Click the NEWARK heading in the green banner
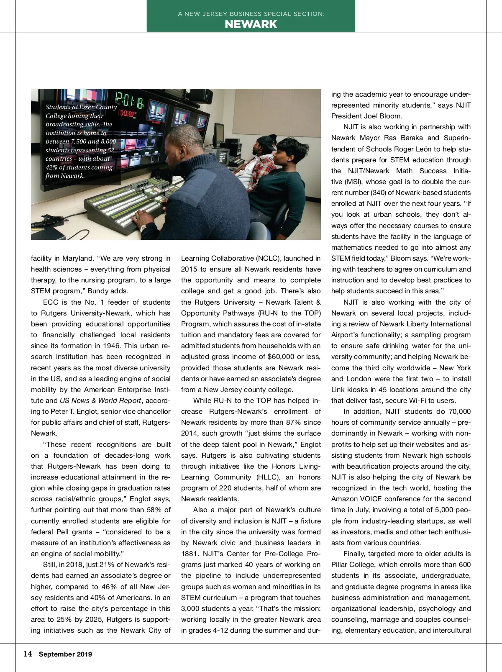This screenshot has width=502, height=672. click(x=251, y=24)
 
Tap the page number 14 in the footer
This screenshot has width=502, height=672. click(x=28, y=654)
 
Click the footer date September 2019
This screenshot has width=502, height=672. click(x=65, y=654)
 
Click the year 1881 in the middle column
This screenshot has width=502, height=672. click(x=189, y=554)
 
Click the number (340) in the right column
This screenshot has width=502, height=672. click(x=378, y=192)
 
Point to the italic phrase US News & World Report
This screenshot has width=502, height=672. click(x=100, y=400)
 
